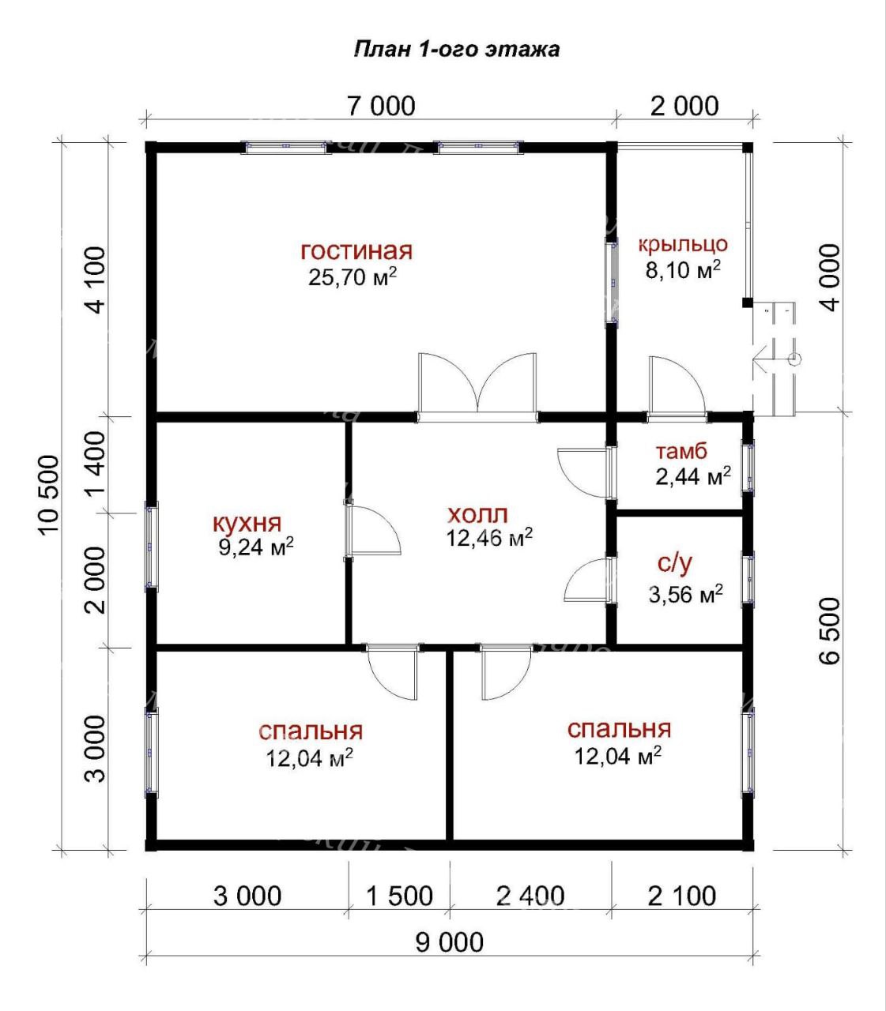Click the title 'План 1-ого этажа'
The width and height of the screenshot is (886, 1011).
point(456,50)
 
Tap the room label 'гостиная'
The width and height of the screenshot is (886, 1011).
point(356,250)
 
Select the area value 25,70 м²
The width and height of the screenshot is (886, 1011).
point(353,276)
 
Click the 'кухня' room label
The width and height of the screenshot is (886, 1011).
point(247,524)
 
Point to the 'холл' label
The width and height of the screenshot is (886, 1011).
point(477,514)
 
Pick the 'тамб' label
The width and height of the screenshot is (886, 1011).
point(681,451)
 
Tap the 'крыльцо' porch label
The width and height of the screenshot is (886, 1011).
point(683,245)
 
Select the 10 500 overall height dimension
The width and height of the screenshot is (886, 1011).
point(48,495)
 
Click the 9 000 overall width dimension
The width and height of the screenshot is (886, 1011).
point(449,942)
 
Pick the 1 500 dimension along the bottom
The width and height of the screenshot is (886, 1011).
point(399,896)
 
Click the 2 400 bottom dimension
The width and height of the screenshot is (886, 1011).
point(530,896)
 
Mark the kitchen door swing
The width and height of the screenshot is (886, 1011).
point(373,532)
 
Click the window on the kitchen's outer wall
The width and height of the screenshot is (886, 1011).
point(151,546)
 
